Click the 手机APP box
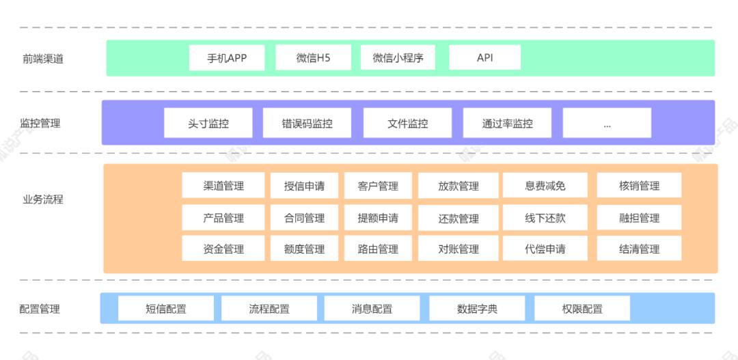coord(227,58)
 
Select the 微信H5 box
coord(313,58)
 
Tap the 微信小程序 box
coord(398,58)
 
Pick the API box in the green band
coord(485,58)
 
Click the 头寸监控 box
coord(208,124)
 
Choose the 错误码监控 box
coord(307,124)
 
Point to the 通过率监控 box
coord(507,124)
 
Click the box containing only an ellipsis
coord(607,124)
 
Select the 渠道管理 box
coord(223,186)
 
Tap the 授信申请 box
coord(304,186)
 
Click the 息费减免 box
coord(545,186)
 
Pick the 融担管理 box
coord(639,218)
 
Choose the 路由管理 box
coord(378,249)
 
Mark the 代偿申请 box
coord(545,249)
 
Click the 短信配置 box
coord(165,309)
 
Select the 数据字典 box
coord(477,309)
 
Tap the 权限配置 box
coord(582,309)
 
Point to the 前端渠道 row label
coord(42,59)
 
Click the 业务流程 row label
coord(42,200)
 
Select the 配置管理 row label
coord(40,309)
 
